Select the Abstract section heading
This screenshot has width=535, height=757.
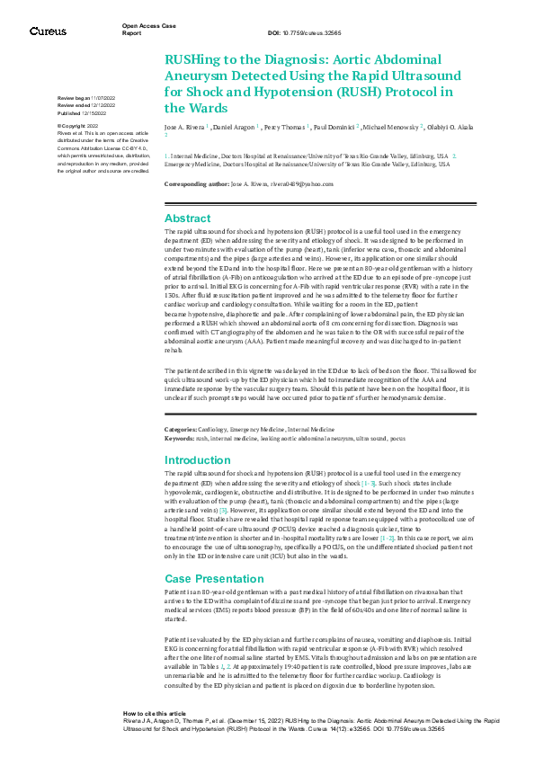[x=188, y=218]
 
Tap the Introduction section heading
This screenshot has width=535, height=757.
[x=198, y=459]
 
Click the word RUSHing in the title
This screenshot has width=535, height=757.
[x=193, y=59]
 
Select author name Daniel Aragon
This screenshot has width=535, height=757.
[x=236, y=127]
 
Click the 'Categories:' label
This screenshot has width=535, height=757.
[x=180, y=431]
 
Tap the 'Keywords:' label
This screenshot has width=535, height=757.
[x=179, y=437]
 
